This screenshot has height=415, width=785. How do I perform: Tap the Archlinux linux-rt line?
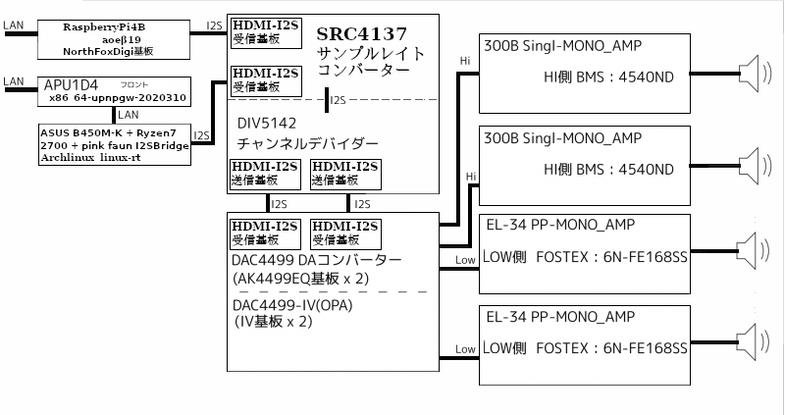[x=90, y=157]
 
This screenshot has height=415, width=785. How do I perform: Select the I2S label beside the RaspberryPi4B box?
[x=213, y=26]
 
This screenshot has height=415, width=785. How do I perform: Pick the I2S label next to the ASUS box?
[x=202, y=135]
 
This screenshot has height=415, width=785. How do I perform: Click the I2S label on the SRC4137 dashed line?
[x=338, y=100]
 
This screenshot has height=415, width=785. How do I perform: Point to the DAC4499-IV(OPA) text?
[x=293, y=305]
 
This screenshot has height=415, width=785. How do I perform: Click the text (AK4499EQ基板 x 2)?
[x=300, y=278]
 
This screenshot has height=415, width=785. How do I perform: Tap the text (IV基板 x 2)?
[x=274, y=321]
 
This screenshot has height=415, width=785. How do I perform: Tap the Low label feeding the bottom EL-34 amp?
[x=465, y=349]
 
